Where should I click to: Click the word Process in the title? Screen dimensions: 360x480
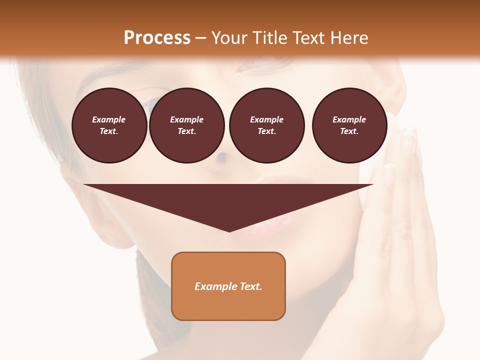[x=157, y=38]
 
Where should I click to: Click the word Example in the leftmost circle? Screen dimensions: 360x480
[x=109, y=119]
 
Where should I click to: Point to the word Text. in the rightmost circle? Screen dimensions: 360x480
[x=349, y=131]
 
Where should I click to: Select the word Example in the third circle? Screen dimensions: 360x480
[x=266, y=119]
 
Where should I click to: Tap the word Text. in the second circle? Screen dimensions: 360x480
[x=186, y=131]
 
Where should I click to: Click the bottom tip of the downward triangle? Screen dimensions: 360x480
[x=229, y=231]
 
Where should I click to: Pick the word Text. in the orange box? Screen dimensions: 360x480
[x=251, y=286]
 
